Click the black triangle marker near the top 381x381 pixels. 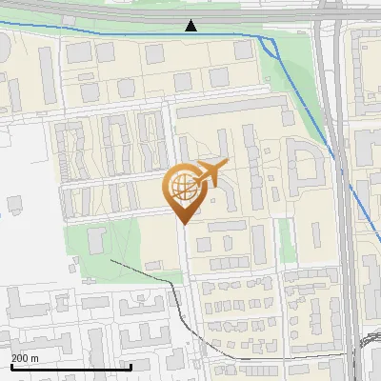191,26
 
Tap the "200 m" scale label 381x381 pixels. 25,358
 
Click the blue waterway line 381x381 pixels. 114,33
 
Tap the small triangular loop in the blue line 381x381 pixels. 269,45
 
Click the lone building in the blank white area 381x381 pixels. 15,205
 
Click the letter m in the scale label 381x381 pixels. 34,358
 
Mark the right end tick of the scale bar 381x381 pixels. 130,366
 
